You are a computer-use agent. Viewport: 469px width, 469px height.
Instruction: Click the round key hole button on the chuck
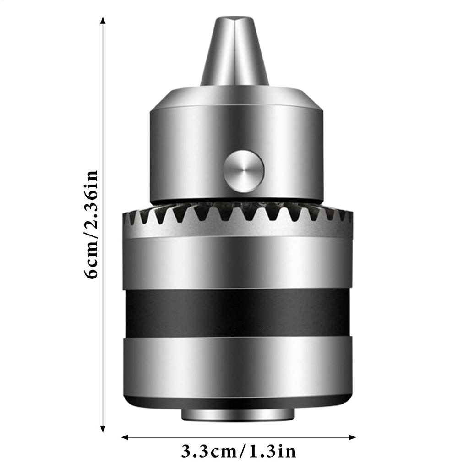(244, 171)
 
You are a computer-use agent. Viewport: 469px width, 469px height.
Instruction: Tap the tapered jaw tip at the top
(234, 50)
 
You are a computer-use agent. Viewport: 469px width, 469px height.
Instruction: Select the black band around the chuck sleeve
(237, 312)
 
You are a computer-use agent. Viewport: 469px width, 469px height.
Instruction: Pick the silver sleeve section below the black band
(237, 366)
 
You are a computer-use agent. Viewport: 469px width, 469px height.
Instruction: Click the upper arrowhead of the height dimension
(103, 21)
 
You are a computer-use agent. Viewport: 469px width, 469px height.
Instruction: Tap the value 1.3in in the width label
(270, 452)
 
